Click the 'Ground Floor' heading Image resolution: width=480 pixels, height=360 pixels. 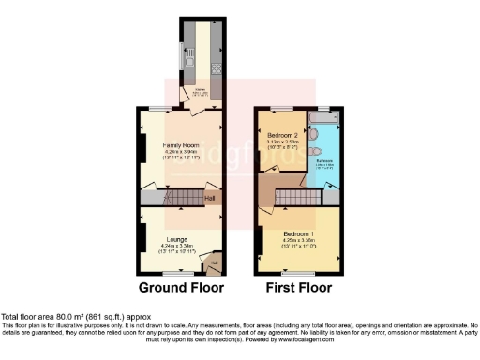(x=181, y=287)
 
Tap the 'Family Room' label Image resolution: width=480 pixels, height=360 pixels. (x=181, y=145)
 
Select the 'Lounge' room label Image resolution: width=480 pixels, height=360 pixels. (x=178, y=239)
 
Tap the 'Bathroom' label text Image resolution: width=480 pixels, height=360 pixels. (x=324, y=160)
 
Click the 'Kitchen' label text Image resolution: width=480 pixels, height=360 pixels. (x=200, y=90)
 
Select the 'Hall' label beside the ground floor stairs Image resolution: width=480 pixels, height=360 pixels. (x=211, y=198)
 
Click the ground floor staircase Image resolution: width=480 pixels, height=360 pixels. (x=184, y=198)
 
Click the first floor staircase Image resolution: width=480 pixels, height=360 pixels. (x=298, y=198)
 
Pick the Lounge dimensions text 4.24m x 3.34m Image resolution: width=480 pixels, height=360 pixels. (x=178, y=247)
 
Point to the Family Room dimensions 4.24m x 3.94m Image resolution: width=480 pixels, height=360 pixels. (x=181, y=153)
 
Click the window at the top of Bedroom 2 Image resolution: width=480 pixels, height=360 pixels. (x=283, y=108)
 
